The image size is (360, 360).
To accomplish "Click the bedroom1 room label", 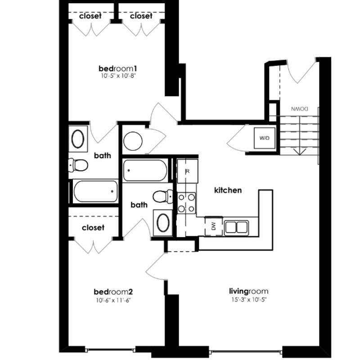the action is point(118,68).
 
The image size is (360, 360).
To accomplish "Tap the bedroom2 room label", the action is point(113,292).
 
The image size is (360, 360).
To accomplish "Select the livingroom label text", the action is point(249,291).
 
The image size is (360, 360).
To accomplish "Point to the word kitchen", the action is point(228,190).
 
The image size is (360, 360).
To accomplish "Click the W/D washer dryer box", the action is point(265,138).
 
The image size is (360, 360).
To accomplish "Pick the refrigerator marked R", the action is point(187,171).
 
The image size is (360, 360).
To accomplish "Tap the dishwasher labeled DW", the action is point(213,227).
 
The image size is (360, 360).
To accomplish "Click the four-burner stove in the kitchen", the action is point(186,203).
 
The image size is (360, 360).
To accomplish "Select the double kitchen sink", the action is point(237,228).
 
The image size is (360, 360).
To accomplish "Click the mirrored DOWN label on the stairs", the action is point(300,109).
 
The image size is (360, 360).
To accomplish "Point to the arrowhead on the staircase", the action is point(300,152).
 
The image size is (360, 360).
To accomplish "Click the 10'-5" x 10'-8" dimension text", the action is point(117,76).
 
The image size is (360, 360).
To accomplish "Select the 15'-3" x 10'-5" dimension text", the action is point(249,300).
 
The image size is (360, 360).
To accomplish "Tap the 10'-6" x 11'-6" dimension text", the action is point(113,300).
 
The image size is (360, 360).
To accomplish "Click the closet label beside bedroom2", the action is point(93,228).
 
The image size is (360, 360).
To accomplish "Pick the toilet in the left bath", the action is point(78,165).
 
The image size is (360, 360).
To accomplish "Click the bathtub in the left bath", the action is point(95,191).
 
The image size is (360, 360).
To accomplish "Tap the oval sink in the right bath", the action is point(163,223).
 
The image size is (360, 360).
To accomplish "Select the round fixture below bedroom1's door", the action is point(133,141).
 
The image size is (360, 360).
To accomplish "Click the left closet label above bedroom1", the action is point(90,16).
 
